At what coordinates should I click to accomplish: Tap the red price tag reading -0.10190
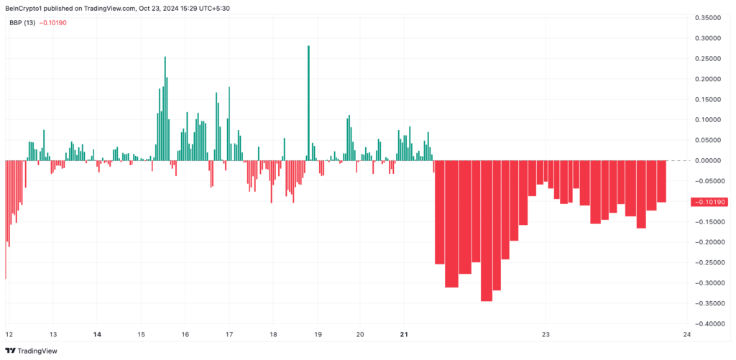click(709, 202)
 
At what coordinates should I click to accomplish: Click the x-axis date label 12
click(9, 335)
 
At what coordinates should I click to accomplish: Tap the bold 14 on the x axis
click(98, 335)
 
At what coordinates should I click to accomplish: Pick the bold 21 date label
click(404, 335)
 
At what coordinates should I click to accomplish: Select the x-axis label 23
click(546, 335)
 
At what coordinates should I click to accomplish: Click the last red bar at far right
click(661, 181)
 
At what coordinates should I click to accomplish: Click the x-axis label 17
click(229, 335)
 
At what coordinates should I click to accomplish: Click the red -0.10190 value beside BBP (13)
click(55, 22)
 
